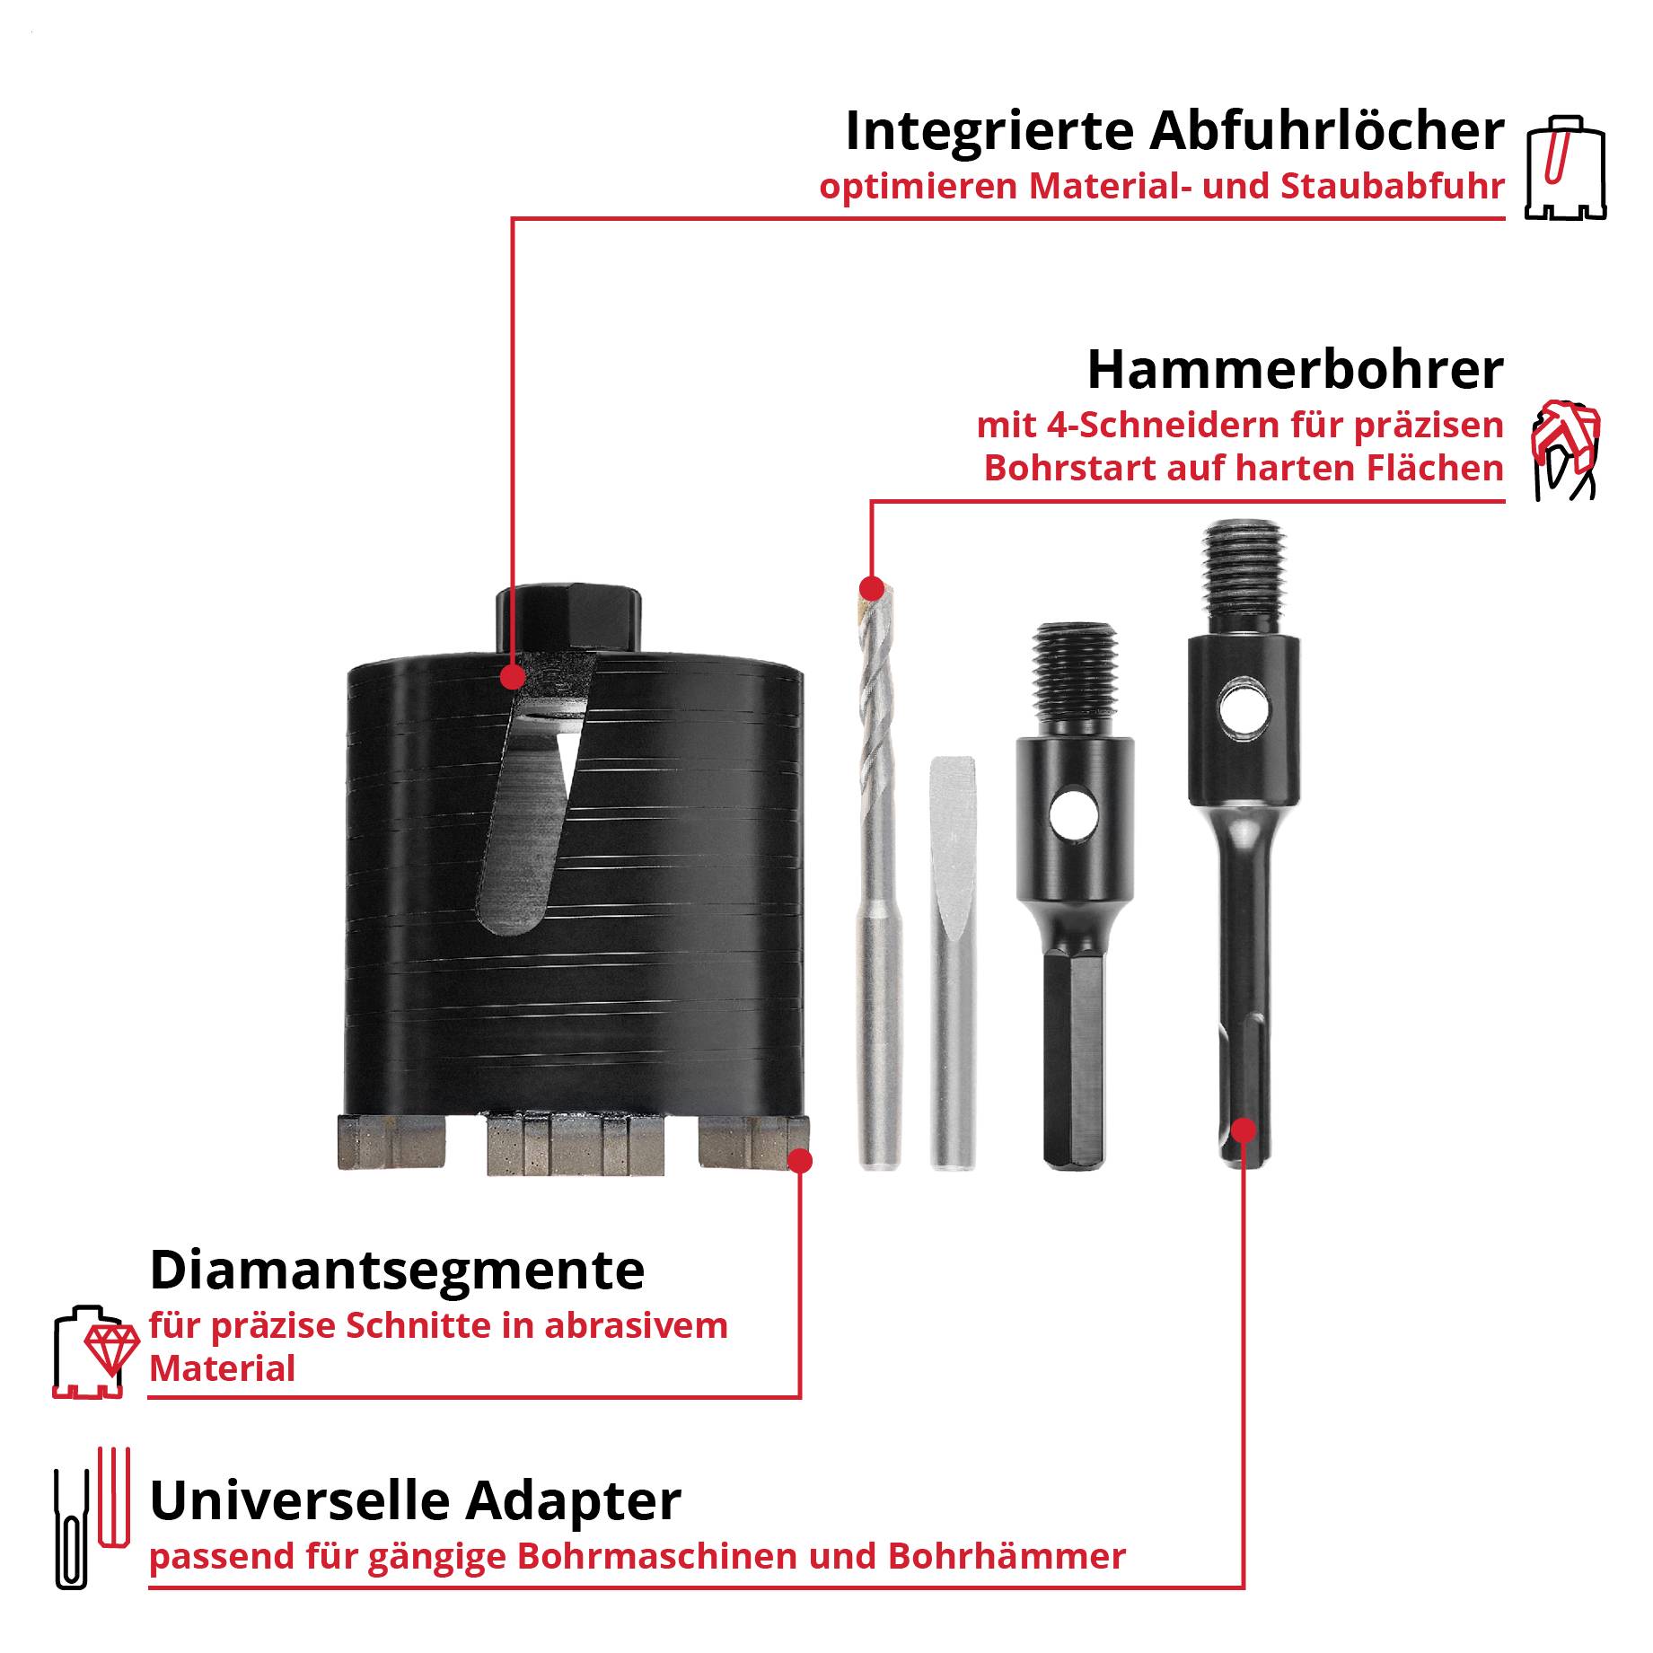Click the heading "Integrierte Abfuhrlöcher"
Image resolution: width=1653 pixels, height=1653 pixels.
click(1174, 131)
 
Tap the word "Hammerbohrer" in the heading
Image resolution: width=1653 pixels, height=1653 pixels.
click(1295, 369)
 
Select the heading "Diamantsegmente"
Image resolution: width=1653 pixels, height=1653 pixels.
click(397, 1270)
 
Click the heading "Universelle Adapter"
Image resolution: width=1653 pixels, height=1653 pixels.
click(415, 1500)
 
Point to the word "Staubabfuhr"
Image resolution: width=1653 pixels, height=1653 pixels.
click(1393, 187)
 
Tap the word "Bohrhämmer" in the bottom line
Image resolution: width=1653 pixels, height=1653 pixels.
click(1007, 1556)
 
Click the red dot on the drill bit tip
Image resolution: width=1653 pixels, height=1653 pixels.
click(870, 589)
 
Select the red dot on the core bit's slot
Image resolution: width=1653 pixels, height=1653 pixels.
click(512, 676)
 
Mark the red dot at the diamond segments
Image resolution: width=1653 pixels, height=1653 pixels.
click(799, 1161)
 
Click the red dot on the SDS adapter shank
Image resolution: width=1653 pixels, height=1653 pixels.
click(1244, 1129)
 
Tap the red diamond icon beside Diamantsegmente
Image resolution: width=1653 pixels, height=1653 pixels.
click(111, 1347)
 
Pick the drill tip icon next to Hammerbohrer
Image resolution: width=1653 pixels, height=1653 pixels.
click(1565, 450)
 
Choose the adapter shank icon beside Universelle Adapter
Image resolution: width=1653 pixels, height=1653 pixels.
click(90, 1517)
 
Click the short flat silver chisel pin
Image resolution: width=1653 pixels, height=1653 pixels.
click(952, 961)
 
